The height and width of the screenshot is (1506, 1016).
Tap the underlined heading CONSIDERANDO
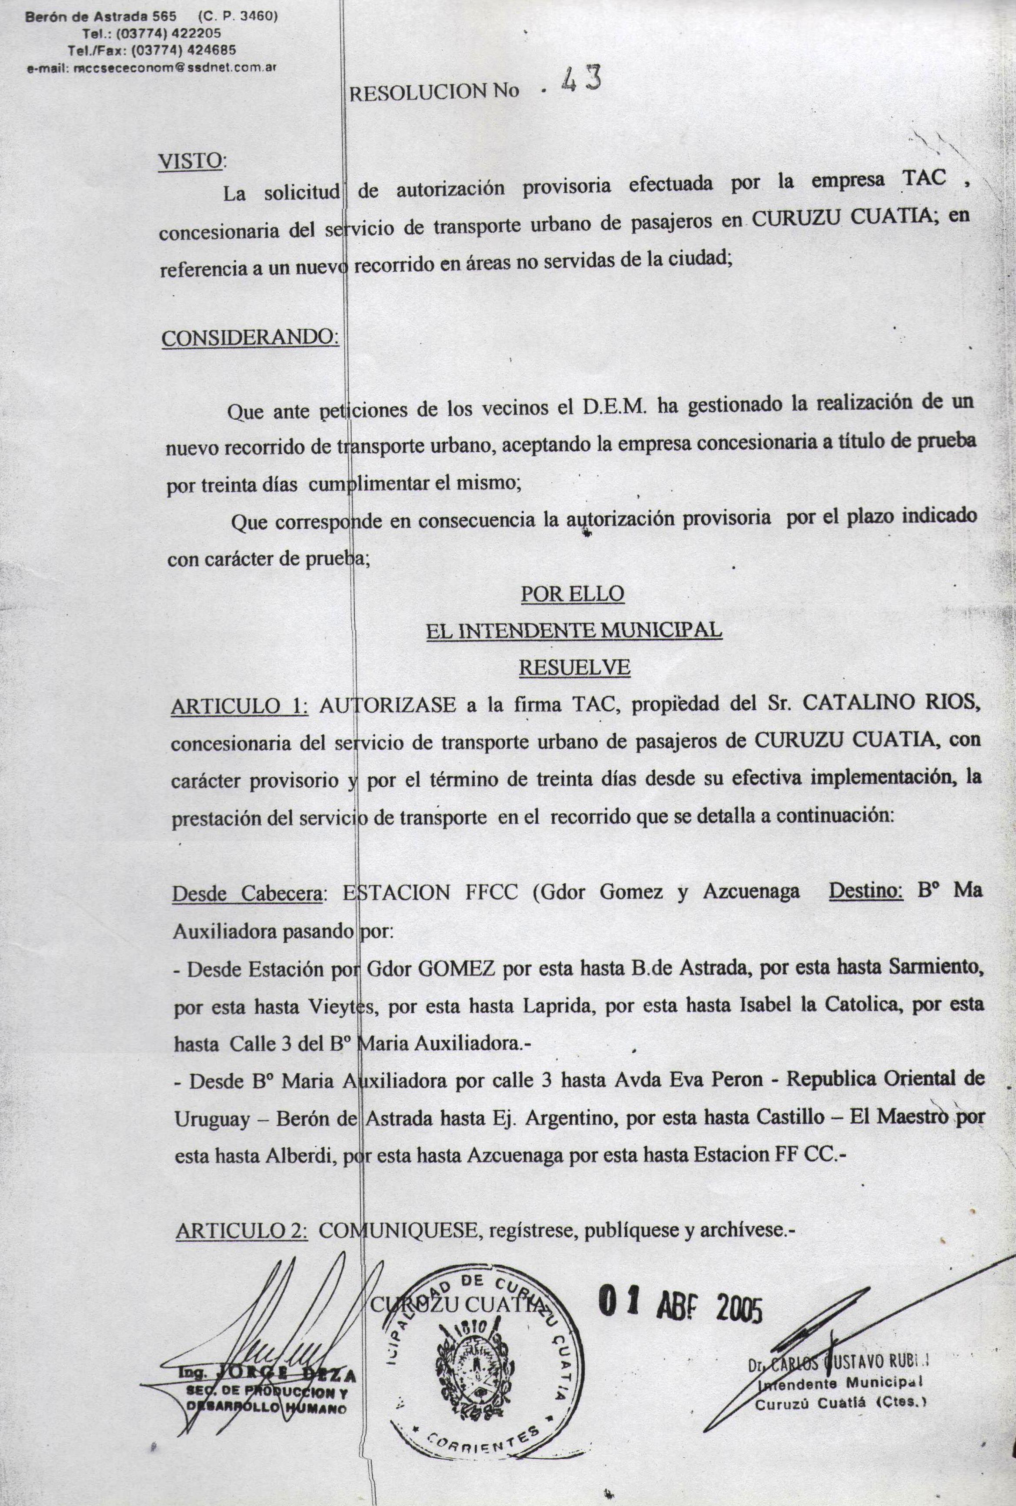250,338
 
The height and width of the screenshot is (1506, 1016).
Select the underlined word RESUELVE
574,668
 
